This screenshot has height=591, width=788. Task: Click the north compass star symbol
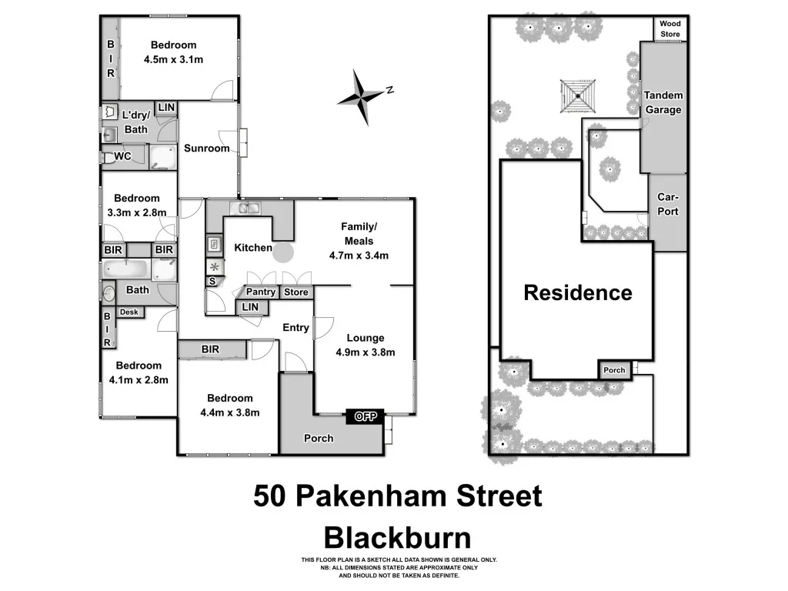pyautogui.click(x=361, y=95)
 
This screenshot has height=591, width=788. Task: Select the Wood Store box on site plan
pyautogui.click(x=669, y=29)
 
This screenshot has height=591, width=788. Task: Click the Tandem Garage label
pyautogui.click(x=663, y=103)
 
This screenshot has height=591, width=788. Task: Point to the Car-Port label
pyautogui.click(x=667, y=204)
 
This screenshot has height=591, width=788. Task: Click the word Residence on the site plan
pyautogui.click(x=578, y=292)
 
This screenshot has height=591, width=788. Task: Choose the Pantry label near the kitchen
pyautogui.click(x=261, y=292)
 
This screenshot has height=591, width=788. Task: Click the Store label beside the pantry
pyautogui.click(x=295, y=292)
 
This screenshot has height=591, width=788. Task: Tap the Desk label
pyautogui.click(x=129, y=312)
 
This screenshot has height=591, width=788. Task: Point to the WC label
pyautogui.click(x=122, y=156)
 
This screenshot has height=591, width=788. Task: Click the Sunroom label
pyautogui.click(x=206, y=148)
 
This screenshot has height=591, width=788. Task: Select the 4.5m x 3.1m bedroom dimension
pyautogui.click(x=173, y=59)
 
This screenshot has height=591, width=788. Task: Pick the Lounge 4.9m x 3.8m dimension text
pyautogui.click(x=366, y=352)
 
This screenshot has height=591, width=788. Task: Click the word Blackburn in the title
pyautogui.click(x=397, y=536)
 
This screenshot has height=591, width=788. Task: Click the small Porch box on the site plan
pyautogui.click(x=614, y=370)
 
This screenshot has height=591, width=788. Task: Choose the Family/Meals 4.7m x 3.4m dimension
pyautogui.click(x=359, y=255)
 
